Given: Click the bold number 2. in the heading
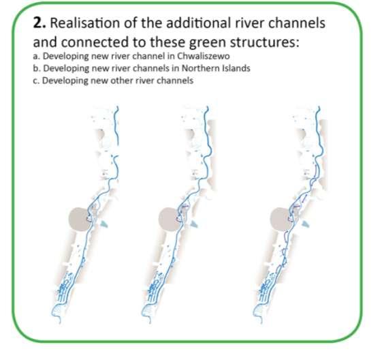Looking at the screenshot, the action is pos(39,23).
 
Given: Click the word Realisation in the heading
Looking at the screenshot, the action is pos(85,23).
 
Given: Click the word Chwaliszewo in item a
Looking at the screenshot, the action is pos(203,56).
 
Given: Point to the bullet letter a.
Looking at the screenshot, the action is pos(36,57).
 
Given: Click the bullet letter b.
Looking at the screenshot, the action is pos(36,68).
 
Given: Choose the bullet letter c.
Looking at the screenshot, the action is pos(36,80).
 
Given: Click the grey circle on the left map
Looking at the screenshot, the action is pos(79,219).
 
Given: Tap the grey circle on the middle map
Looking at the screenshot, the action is pos(169,219).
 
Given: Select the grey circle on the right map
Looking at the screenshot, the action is pos(281,219).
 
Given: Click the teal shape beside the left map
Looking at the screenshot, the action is pos(104,224).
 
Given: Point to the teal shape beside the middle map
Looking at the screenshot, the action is pos(194,224).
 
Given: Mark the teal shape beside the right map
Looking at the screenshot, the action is pos(306,224).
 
